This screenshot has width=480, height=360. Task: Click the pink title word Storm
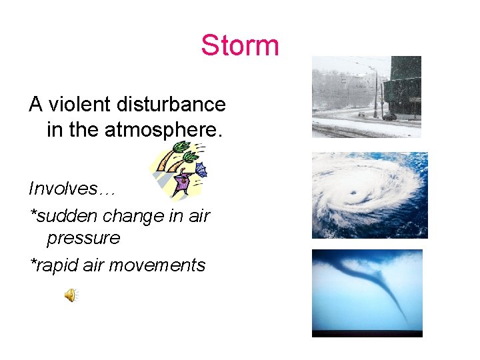point(240,46)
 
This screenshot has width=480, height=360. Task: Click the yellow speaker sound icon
point(70,295)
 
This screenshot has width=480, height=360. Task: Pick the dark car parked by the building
point(389,117)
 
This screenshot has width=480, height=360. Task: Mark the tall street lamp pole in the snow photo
point(375,93)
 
